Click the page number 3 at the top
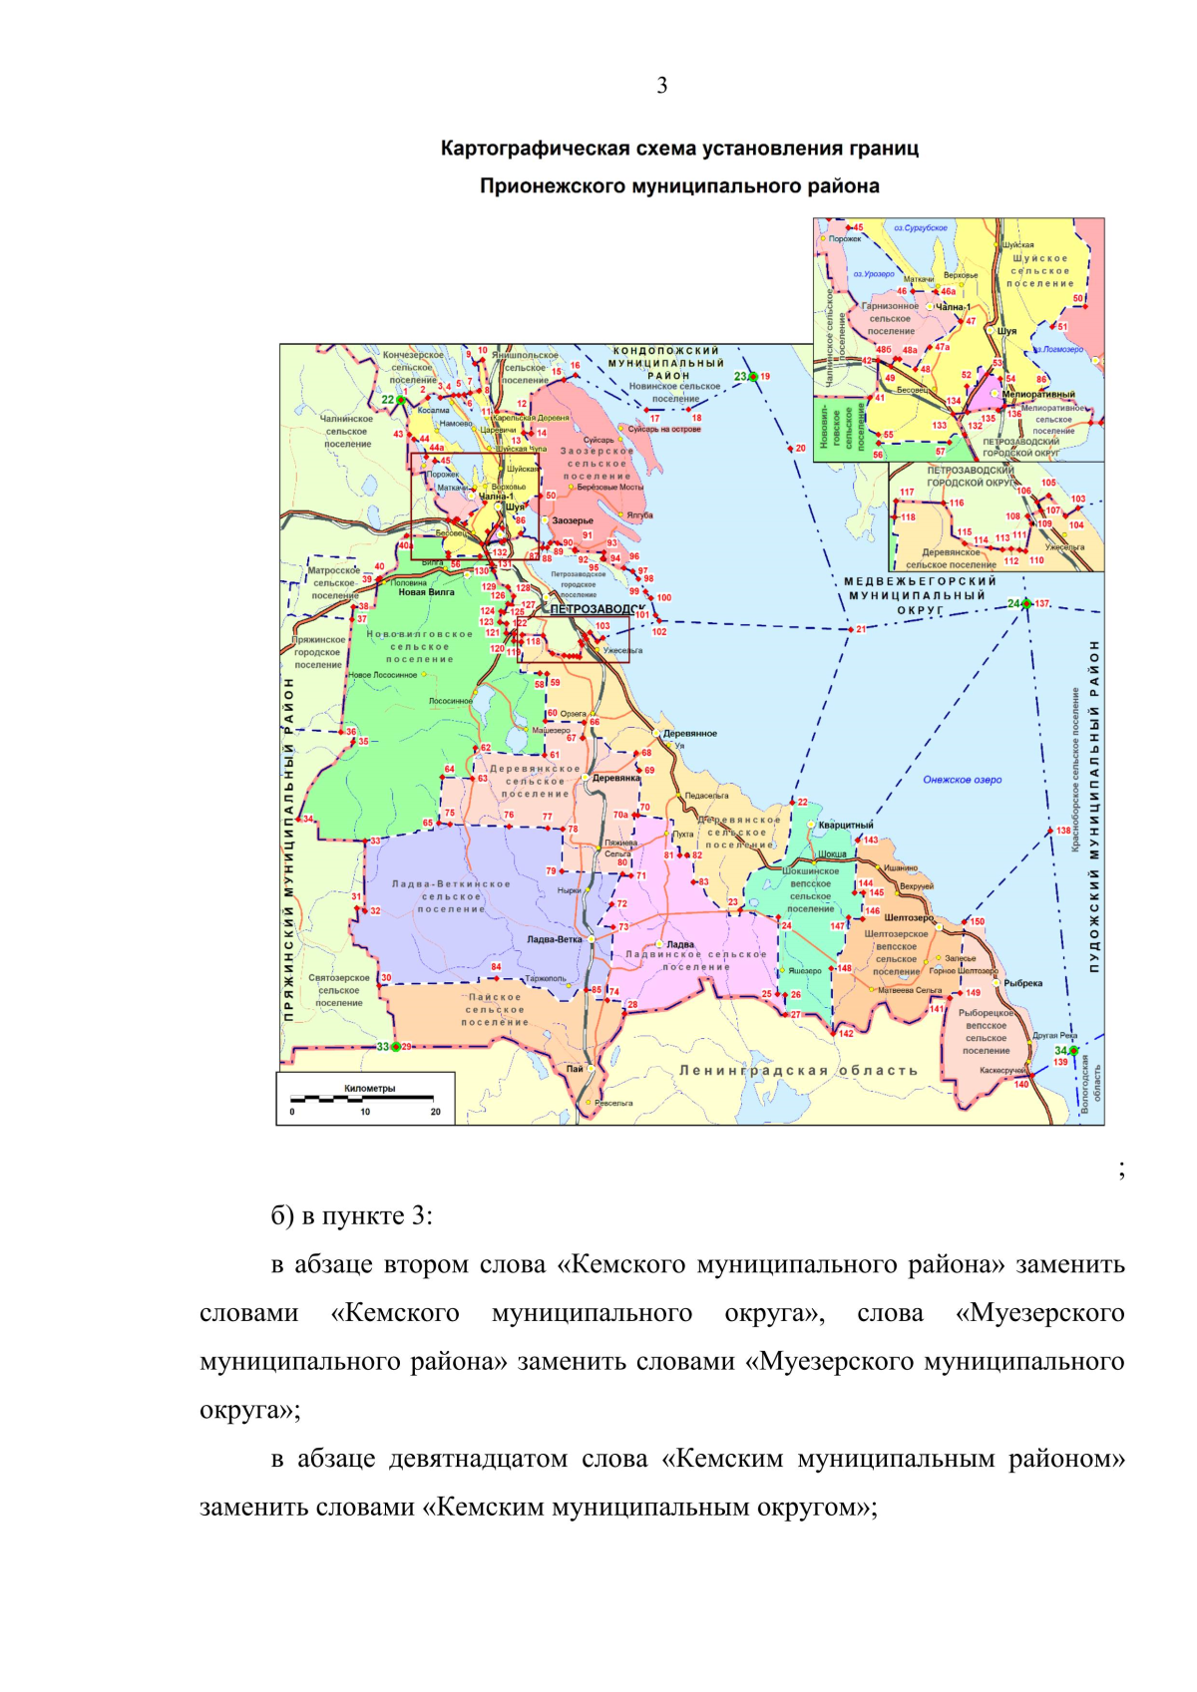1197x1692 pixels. pyautogui.click(x=662, y=86)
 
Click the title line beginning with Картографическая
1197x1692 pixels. pyautogui.click(x=679, y=150)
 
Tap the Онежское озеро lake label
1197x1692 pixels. pyautogui.click(x=962, y=780)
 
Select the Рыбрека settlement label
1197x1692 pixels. pyautogui.click(x=1022, y=983)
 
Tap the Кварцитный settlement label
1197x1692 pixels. pyautogui.click(x=846, y=825)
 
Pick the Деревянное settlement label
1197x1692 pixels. pyautogui.click(x=690, y=733)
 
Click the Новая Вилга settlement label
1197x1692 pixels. pyautogui.click(x=426, y=592)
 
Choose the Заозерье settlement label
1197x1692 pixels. pyautogui.click(x=573, y=520)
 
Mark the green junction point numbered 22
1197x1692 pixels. pyautogui.click(x=401, y=400)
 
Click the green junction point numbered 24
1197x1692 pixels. pyautogui.click(x=1025, y=603)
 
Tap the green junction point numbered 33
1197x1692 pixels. pyautogui.click(x=396, y=1046)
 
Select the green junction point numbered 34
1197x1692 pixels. pyautogui.click(x=1073, y=1051)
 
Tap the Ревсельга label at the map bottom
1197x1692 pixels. pyautogui.click(x=613, y=1103)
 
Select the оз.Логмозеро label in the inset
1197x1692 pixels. pyautogui.click(x=1058, y=350)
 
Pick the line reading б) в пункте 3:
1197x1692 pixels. pyautogui.click(x=351, y=1216)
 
